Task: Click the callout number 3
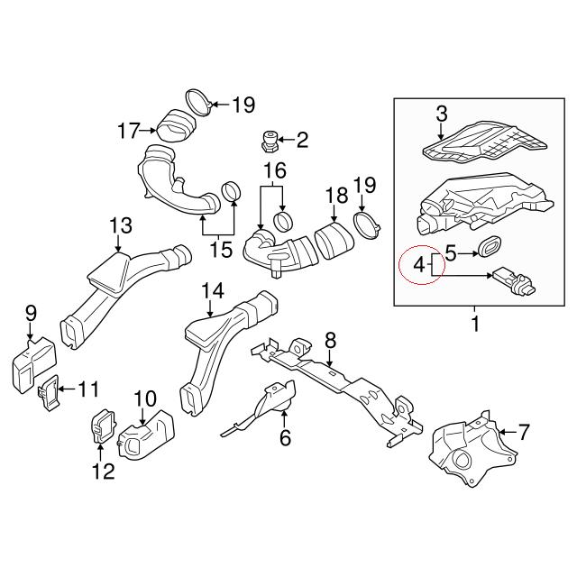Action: click(442, 114)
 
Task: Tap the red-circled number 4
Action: click(418, 266)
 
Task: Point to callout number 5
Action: click(452, 255)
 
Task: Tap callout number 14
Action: click(213, 291)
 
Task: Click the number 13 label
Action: click(120, 224)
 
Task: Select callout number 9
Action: click(31, 314)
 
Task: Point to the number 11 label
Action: click(87, 390)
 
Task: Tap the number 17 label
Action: click(129, 132)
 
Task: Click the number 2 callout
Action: click(301, 140)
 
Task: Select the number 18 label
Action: click(335, 194)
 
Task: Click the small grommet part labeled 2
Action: click(268, 141)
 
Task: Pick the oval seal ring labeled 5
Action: click(490, 245)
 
